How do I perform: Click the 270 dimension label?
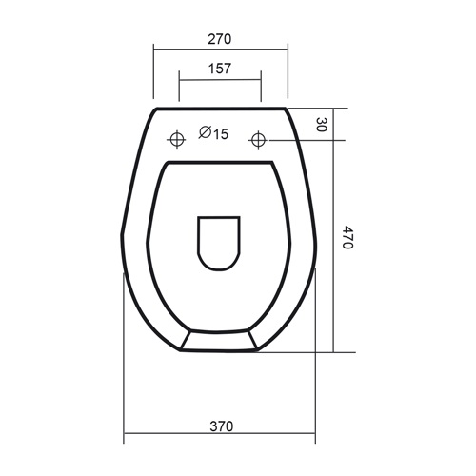click(x=219, y=40)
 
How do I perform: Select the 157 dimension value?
click(x=219, y=69)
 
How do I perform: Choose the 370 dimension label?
click(x=220, y=426)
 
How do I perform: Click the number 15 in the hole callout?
click(x=220, y=134)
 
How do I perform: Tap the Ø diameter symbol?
click(x=204, y=134)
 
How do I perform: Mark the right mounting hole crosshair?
click(x=258, y=141)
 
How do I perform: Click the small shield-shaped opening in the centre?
click(x=218, y=242)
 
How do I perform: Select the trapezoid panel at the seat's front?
click(x=219, y=342)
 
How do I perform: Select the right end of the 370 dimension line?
click(x=315, y=437)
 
